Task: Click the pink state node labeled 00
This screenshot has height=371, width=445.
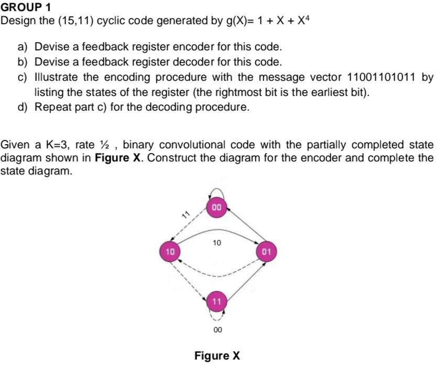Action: [x=218, y=208]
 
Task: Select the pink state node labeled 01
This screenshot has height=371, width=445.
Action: [x=266, y=251]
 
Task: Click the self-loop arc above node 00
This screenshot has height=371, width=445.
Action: [x=218, y=187]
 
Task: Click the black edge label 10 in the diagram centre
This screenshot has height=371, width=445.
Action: [x=218, y=243]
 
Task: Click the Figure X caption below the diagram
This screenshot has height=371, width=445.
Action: [x=217, y=356]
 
